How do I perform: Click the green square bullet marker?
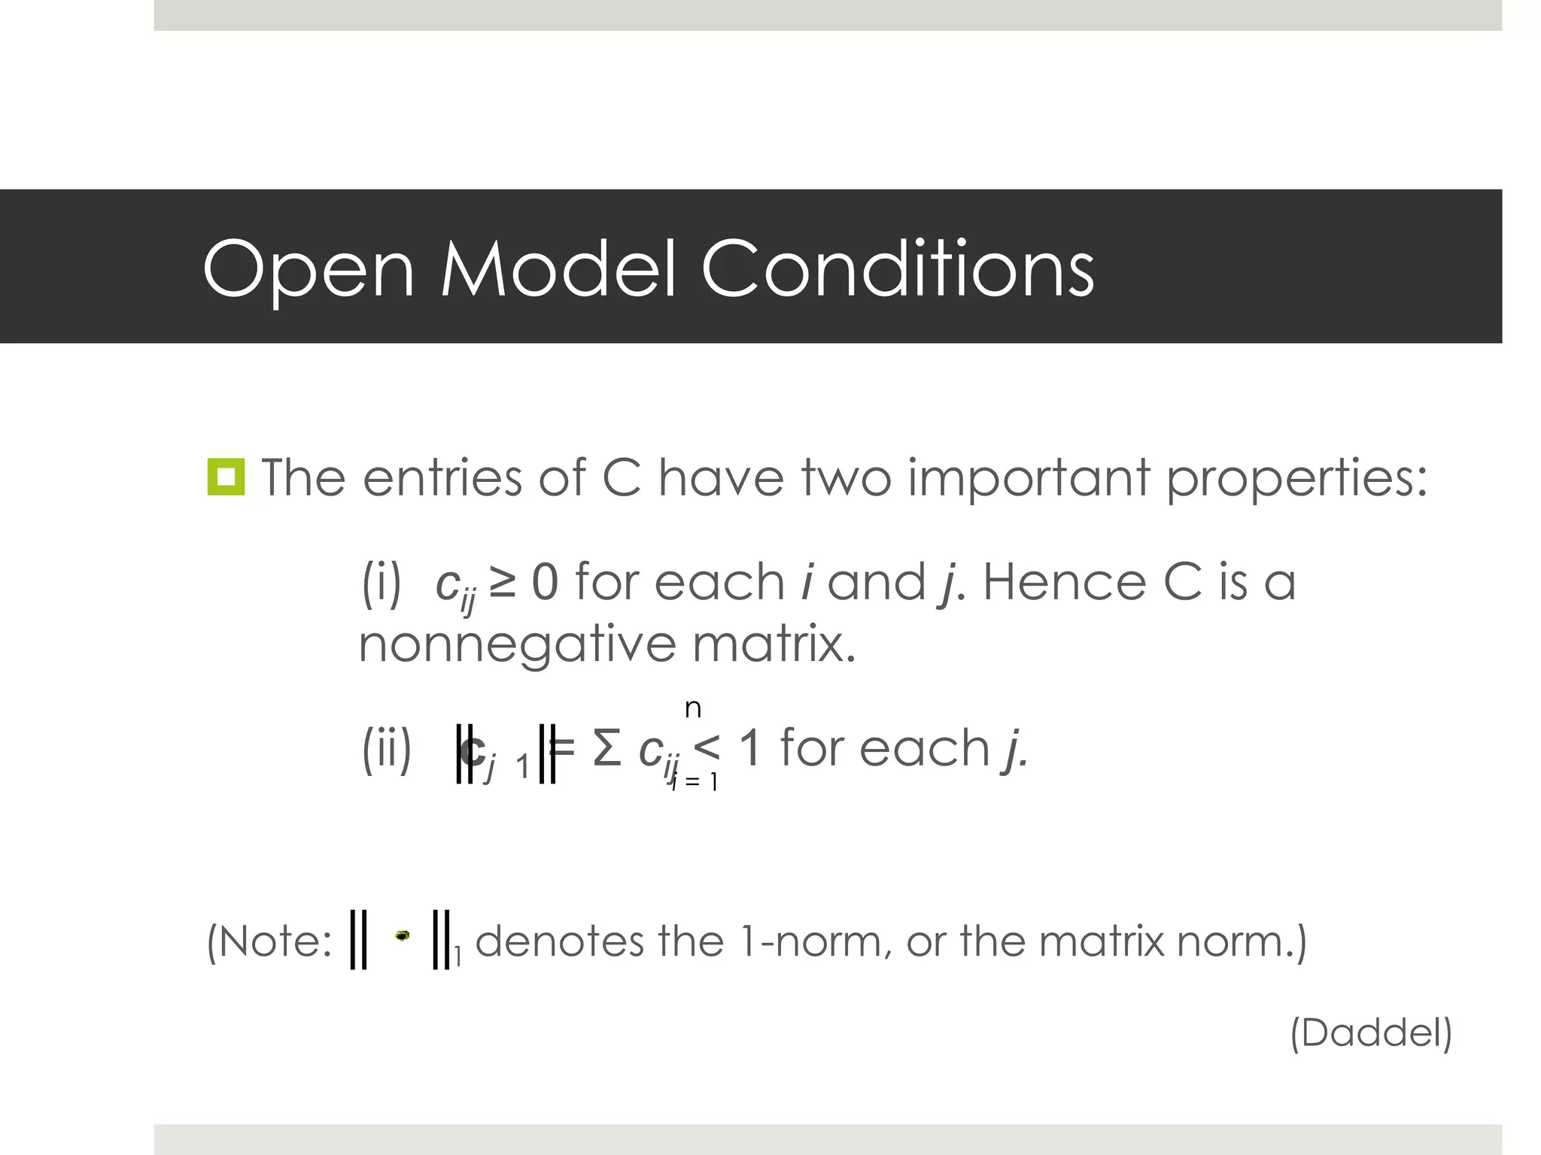click(226, 477)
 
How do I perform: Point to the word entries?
click(442, 477)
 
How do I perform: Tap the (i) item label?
click(381, 582)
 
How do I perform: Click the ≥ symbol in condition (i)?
click(502, 582)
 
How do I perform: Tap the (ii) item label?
click(387, 749)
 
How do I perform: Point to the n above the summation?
click(693, 708)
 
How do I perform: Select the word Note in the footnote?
click(275, 941)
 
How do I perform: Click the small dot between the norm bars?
click(403, 935)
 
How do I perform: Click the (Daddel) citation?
click(1371, 1032)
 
